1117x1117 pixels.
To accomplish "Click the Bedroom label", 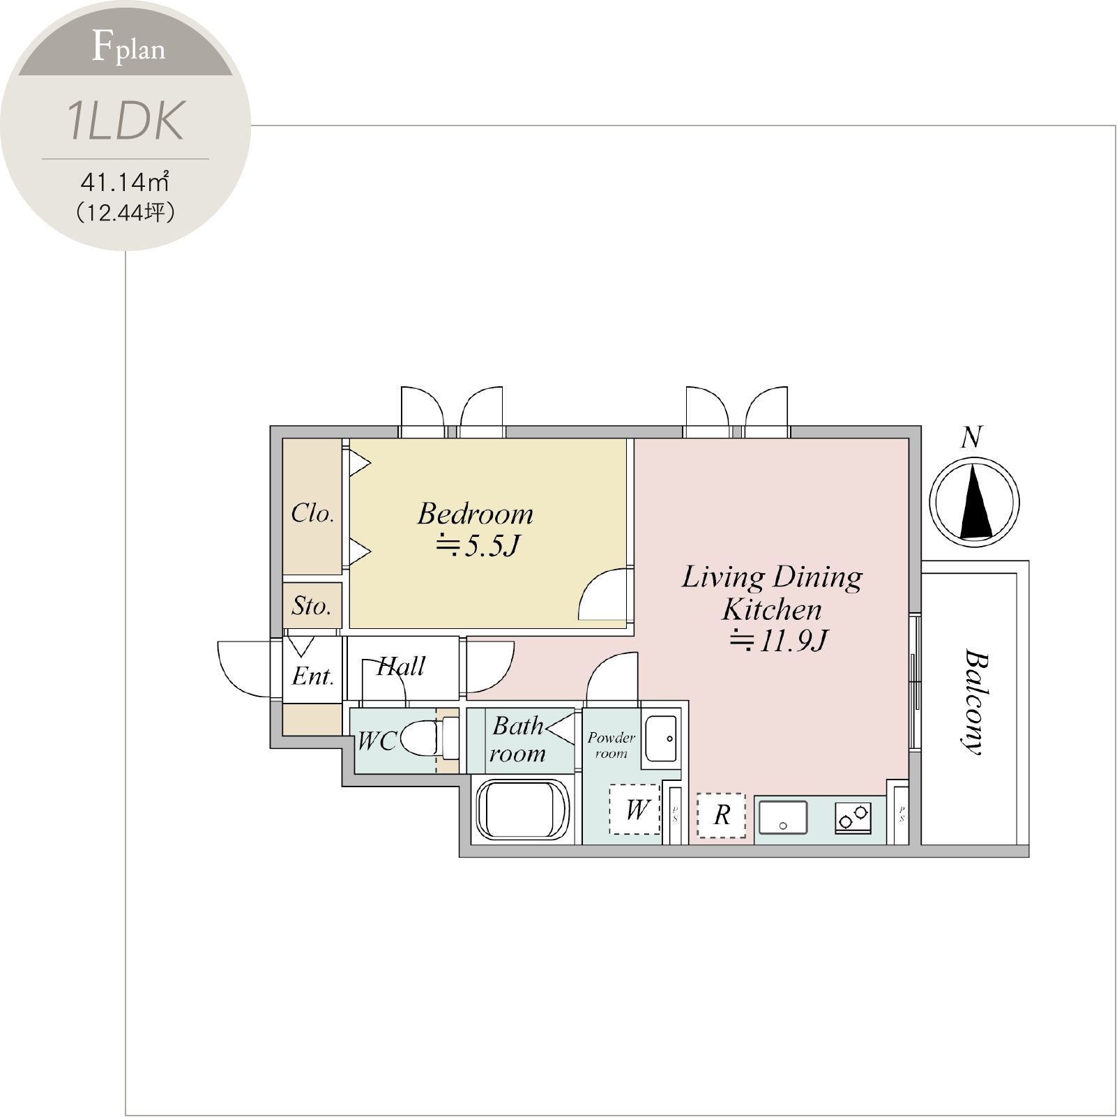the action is point(476,514).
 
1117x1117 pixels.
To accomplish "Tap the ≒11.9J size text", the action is point(778,641).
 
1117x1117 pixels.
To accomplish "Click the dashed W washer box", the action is point(635,810).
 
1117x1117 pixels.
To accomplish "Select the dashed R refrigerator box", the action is point(721,814).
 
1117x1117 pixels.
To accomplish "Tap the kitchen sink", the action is point(783,817).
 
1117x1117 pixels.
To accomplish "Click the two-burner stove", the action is point(853,817).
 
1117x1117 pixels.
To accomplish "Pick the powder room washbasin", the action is point(661,738).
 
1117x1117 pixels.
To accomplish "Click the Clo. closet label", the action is point(312,513).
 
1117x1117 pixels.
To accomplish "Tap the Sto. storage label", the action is point(311,606).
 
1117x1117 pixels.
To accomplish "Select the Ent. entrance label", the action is point(313,676).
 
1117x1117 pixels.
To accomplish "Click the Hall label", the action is point(401,667).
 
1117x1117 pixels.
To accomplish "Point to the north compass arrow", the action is point(975,502).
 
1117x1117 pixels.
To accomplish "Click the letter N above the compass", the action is point(971,437).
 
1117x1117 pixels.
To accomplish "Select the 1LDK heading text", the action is point(126,121).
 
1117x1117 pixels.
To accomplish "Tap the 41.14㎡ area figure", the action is point(125,182).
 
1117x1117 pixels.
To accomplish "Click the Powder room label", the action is point(611,745).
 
